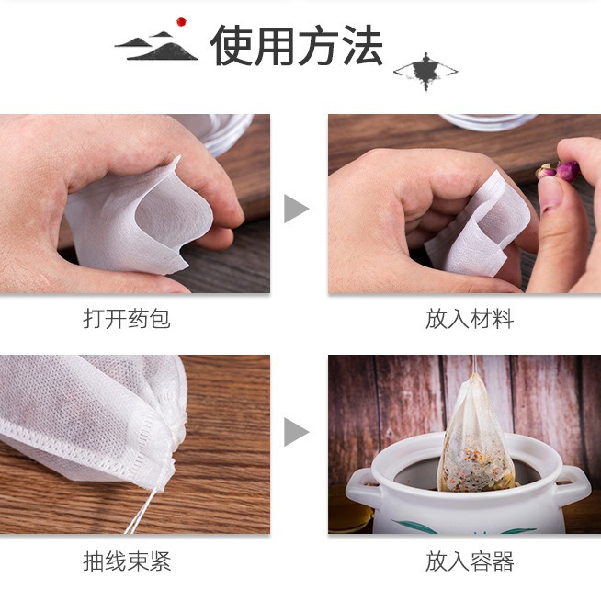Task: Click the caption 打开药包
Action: tap(127, 319)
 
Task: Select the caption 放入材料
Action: tap(469, 319)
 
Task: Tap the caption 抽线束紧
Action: tap(127, 561)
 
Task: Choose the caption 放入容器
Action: tap(469, 561)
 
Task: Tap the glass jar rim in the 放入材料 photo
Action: tap(488, 121)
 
